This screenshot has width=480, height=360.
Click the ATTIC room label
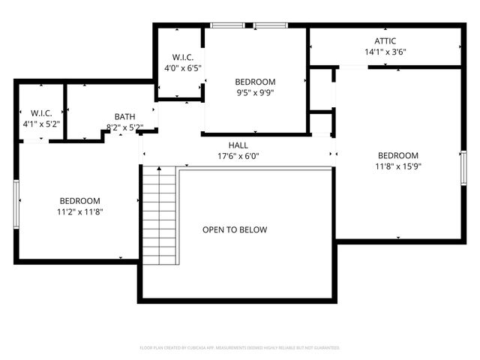(385, 41)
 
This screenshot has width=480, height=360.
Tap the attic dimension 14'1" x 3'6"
(385, 52)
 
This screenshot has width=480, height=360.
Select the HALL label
(238, 145)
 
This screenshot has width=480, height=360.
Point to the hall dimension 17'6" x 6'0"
(238, 157)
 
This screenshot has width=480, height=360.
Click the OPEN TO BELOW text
(235, 229)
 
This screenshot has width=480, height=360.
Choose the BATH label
(125, 116)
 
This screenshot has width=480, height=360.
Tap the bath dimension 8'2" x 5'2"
(125, 127)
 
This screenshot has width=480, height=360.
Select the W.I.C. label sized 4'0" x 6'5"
(183, 57)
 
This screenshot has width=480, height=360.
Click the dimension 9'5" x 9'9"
(255, 93)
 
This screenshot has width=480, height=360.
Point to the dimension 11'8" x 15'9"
(397, 167)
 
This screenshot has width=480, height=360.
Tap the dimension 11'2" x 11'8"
(80, 212)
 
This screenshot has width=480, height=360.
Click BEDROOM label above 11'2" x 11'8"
(80, 201)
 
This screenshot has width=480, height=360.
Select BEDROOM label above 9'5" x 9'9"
(255, 82)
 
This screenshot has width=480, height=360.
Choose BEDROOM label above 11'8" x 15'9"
(397, 156)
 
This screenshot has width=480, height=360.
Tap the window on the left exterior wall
(16, 202)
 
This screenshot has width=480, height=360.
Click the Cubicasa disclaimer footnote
(240, 348)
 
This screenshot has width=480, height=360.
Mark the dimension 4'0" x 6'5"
(183, 68)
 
